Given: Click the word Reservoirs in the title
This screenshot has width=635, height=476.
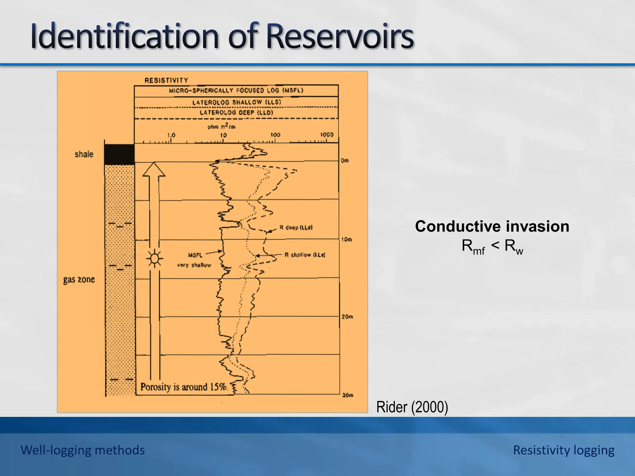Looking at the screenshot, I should point(340,36).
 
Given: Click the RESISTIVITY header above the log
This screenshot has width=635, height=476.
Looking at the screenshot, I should point(166,80).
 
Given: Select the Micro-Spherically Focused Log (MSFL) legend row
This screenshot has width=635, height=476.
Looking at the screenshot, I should point(236,90).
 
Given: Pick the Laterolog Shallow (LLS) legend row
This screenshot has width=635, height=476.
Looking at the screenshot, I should point(236,102).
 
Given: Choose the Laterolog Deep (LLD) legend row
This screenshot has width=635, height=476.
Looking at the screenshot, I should point(236,112).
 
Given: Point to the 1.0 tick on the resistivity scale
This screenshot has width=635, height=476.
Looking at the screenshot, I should point(171,135).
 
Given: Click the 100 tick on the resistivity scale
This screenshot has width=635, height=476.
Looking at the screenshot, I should point(275,135).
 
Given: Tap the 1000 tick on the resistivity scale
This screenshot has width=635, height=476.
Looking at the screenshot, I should point(327,134).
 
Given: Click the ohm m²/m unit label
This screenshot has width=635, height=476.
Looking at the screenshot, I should point(221,126).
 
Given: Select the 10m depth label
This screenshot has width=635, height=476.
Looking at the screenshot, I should point(347,240).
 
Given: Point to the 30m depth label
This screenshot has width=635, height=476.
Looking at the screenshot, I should point(347,395).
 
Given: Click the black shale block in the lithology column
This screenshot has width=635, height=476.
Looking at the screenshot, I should point(119,154).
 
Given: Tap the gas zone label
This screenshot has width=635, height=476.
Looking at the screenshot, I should point(79,280).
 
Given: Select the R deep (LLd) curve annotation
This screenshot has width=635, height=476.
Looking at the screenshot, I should point(296,227).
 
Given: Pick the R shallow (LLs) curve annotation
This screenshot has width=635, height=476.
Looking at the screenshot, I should point(304,255).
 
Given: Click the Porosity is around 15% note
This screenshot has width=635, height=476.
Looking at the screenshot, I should point(184,387).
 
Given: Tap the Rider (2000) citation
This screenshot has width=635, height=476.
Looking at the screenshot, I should point(412,407).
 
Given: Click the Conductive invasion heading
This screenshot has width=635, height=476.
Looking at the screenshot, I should point(492,226).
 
